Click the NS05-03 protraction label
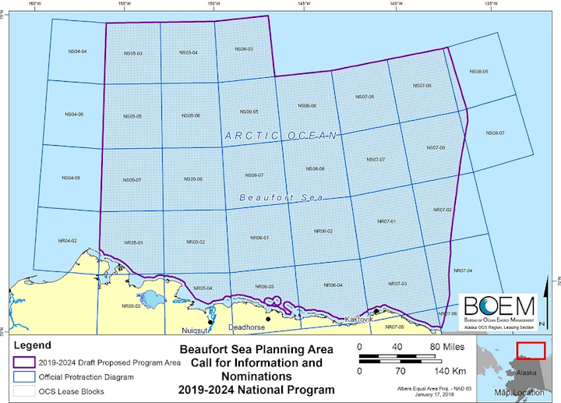coord(132,53)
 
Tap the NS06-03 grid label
coord(244,49)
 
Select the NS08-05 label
coord(478,72)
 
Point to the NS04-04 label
coord(77,51)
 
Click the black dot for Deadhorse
coord(268,319)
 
